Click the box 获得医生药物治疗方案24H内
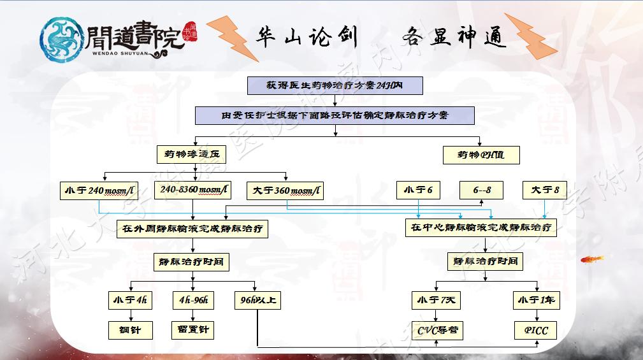tap(336, 85)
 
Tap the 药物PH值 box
tap(480, 155)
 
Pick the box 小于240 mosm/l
tap(99, 191)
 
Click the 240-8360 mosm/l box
tap(194, 191)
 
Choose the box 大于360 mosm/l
tap(286, 191)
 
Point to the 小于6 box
tap(418, 190)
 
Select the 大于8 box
tap(545, 190)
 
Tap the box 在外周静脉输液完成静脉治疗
tap(192, 228)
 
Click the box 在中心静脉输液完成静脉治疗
tap(481, 227)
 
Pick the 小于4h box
tap(130, 300)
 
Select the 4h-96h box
tap(194, 300)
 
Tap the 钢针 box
tap(130, 330)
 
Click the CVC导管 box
tap(437, 330)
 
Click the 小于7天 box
tap(437, 300)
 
